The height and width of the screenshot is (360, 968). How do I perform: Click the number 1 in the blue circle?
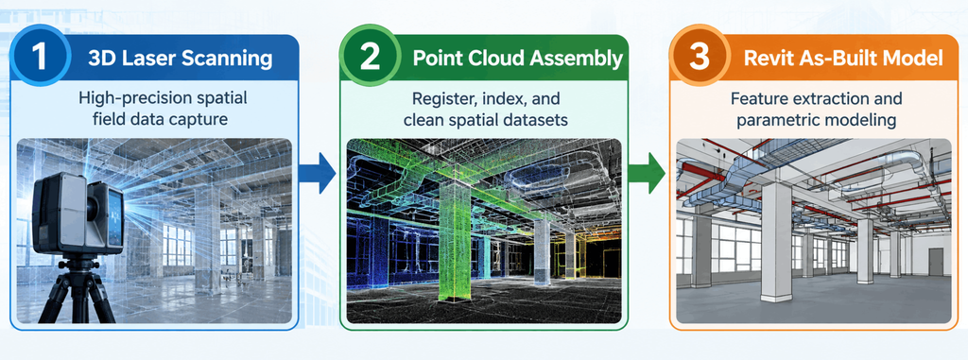point(40,56)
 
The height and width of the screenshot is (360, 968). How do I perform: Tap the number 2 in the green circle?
point(370,56)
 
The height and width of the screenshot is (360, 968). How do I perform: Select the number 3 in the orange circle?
point(700,56)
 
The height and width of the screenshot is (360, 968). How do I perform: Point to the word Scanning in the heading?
point(227,60)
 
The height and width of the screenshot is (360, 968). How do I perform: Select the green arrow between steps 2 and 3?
point(648,173)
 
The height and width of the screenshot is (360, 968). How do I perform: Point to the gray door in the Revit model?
point(936,261)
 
